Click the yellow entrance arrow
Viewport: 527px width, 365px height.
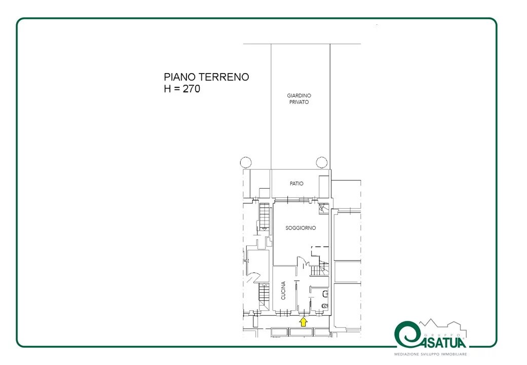click(303, 322)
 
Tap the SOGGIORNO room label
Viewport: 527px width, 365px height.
click(300, 228)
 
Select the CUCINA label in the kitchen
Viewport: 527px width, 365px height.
click(283, 290)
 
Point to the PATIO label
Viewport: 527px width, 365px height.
click(296, 184)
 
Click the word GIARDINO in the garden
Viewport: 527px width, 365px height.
click(299, 95)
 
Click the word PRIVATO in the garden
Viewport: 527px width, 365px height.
click(299, 102)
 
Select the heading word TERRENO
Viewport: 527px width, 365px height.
click(223, 77)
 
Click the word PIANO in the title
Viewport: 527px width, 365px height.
click(180, 77)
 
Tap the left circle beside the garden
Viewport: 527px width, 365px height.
click(246, 162)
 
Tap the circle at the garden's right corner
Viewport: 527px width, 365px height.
click(322, 162)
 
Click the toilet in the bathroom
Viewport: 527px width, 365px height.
click(325, 306)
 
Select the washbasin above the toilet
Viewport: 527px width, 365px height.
click(325, 294)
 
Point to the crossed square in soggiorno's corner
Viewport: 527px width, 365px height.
click(323, 208)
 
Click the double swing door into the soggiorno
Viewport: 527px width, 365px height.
click(303, 262)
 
